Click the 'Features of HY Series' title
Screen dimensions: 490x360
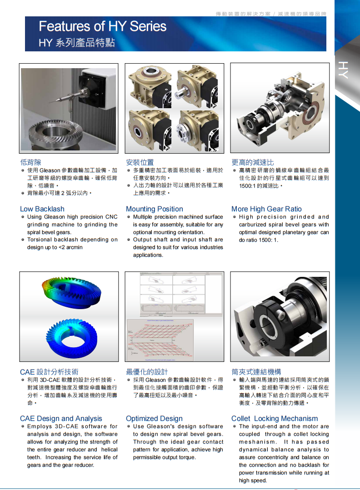(x=103, y=26)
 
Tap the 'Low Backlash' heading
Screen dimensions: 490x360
(x=42, y=209)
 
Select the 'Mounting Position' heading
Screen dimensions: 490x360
(x=155, y=209)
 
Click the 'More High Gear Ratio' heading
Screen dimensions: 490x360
(x=266, y=209)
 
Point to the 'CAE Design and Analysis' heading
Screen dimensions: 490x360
(x=61, y=419)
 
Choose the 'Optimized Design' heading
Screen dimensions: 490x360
(x=154, y=419)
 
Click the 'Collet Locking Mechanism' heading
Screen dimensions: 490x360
(x=275, y=419)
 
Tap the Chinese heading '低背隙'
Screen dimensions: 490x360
(x=30, y=162)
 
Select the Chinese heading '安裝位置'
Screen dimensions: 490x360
(x=140, y=162)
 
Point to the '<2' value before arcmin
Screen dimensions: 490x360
(x=63, y=247)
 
